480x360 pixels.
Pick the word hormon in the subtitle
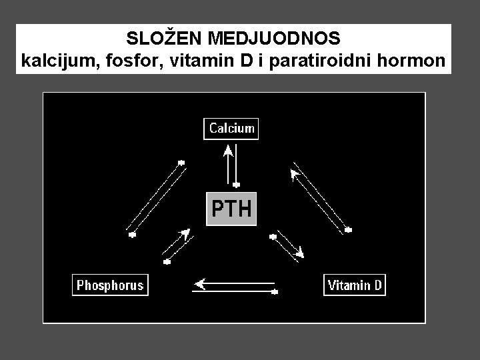(x=411, y=61)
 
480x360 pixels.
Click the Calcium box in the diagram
(x=231, y=129)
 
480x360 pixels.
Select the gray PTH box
(x=231, y=209)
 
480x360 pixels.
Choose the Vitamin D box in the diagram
(x=354, y=286)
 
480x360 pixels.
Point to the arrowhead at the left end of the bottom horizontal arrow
(x=198, y=285)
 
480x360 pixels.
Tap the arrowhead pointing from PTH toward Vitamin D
(x=301, y=253)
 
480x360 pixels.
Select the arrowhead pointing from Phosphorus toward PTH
(x=185, y=233)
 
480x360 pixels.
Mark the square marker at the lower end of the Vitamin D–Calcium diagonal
(x=348, y=229)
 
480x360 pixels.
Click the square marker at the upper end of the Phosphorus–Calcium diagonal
(x=180, y=162)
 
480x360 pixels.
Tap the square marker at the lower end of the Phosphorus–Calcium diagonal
(x=132, y=234)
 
